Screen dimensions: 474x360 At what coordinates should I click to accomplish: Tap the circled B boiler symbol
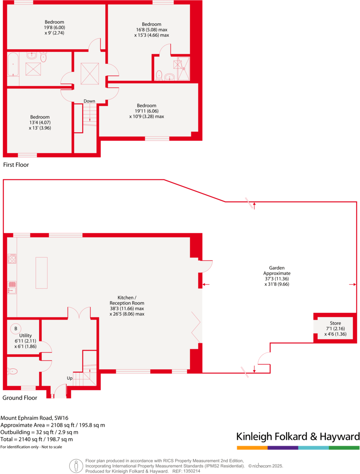(16, 328)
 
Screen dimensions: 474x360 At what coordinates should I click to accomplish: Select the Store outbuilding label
(335, 323)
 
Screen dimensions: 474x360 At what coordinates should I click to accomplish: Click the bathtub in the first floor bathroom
(13, 64)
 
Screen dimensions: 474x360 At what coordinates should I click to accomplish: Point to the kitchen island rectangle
(41, 273)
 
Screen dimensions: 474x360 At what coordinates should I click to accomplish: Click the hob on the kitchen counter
(12, 259)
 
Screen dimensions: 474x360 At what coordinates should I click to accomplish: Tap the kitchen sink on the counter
(12, 287)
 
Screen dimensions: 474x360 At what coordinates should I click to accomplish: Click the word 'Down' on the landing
(89, 101)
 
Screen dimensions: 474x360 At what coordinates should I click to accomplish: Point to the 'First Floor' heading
(16, 165)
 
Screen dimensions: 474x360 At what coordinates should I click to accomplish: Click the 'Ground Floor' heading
(20, 398)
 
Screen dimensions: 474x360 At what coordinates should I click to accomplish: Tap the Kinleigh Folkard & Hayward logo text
(298, 436)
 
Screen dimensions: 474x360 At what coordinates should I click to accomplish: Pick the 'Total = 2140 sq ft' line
(37, 439)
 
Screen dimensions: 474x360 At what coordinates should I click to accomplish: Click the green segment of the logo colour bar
(344, 448)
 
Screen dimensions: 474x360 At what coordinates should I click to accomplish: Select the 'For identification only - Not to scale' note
(31, 447)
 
